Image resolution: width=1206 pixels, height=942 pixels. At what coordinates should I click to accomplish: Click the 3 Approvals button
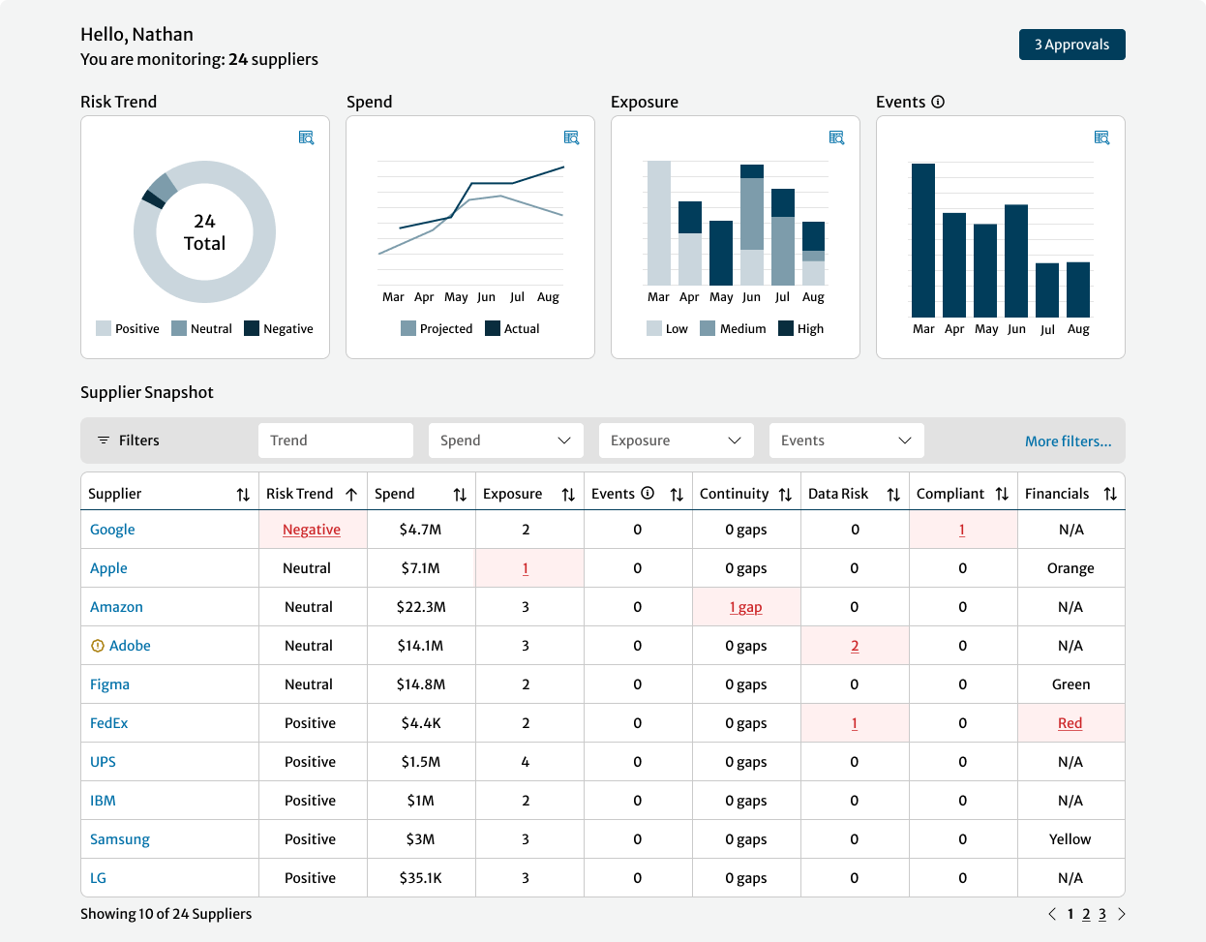pos(1071,45)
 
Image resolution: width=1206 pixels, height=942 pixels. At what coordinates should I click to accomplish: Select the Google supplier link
pos(112,530)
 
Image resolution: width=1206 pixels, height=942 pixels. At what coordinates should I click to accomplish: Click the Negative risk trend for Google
pos(312,530)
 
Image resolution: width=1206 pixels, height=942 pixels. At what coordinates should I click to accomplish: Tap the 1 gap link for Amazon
pos(745,607)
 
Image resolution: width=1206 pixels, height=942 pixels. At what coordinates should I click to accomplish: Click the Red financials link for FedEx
pos(1070,723)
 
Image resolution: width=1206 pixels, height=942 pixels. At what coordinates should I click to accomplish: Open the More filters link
pos(1068,441)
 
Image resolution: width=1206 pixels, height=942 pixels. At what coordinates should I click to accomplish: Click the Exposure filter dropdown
pos(676,441)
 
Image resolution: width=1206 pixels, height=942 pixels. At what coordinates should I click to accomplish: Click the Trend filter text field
pos(335,441)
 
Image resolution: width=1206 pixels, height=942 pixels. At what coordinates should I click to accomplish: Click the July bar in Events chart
pos(1047,289)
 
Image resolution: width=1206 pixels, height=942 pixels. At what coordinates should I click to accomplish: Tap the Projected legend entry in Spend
pos(437,329)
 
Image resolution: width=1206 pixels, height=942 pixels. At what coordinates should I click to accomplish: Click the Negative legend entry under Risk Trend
pos(279,329)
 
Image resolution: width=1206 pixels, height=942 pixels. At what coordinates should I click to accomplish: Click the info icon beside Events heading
pos(938,102)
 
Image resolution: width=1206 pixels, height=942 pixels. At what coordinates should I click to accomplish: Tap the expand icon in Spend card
pos(571,138)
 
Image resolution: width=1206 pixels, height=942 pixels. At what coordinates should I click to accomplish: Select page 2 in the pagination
pos(1086,914)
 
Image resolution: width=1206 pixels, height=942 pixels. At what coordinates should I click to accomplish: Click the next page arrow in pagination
pos(1122,914)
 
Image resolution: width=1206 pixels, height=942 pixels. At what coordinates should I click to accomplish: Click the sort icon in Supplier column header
pos(243,495)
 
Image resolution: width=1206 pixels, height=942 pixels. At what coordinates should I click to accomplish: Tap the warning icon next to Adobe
pos(97,646)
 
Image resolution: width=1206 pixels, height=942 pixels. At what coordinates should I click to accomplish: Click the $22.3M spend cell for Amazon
pos(421,607)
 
